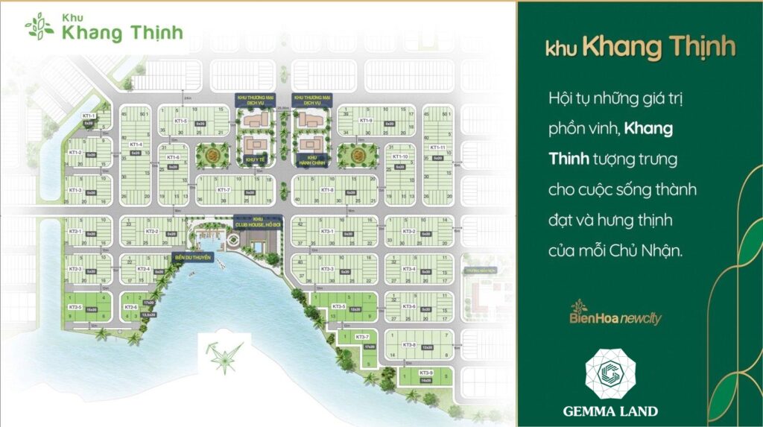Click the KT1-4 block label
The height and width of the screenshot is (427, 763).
pyautogui.click(x=135, y=145)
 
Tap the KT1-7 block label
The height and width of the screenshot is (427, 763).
pyautogui.click(x=223, y=190)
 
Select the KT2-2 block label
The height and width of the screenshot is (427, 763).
pyautogui.click(x=152, y=232)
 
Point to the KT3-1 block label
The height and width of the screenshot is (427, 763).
pyautogui.click(x=327, y=232)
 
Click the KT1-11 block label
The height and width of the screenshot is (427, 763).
pyautogui.click(x=437, y=148)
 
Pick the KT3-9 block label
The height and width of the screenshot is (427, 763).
pyautogui.click(x=425, y=372)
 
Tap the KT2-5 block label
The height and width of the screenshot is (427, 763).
pyautogui.click(x=75, y=307)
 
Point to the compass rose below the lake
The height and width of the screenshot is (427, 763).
pyautogui.click(x=222, y=355)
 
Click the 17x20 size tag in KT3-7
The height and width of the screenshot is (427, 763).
pyautogui.click(x=369, y=347)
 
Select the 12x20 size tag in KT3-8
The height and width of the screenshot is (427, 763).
pyautogui.click(x=428, y=347)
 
